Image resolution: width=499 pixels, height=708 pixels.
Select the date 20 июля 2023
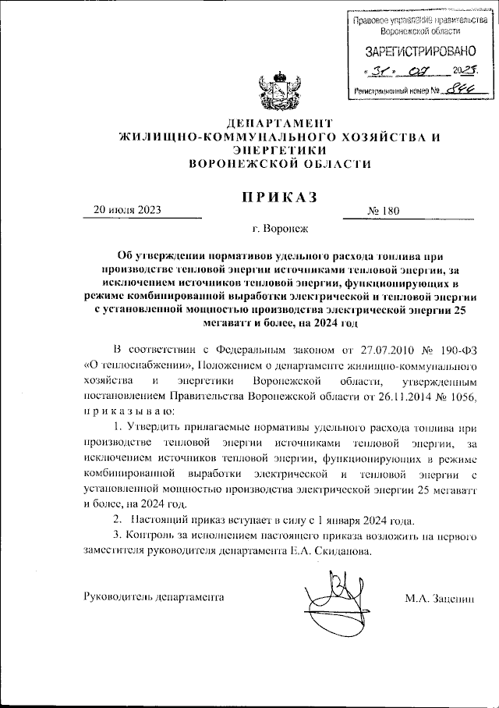pyautogui.click(x=126, y=210)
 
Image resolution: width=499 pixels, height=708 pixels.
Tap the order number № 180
pyautogui.click(x=383, y=211)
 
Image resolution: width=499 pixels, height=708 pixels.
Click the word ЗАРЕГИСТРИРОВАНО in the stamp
pyautogui.click(x=420, y=52)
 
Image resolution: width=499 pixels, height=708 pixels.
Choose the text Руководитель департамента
pyautogui.click(x=154, y=597)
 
